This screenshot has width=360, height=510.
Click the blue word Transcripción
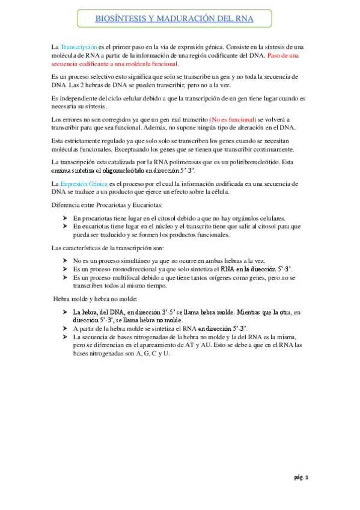(x=79, y=47)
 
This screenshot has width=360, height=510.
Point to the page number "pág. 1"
(x=301, y=478)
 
